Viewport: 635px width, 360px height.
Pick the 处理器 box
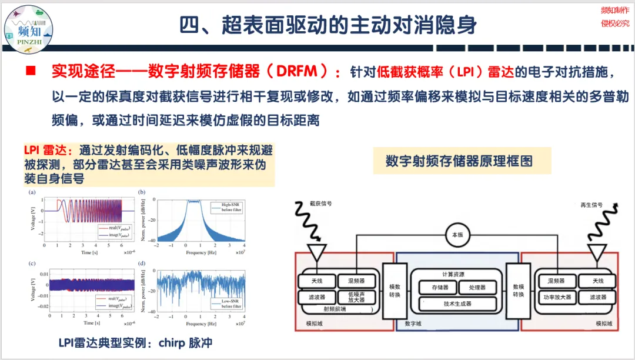pos(478,288)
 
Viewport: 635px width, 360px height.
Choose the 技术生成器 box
pos(457,304)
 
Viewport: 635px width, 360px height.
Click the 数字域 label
pos(413,324)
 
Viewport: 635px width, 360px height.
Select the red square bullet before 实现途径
pos(31,72)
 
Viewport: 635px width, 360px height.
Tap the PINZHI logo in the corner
pos(29,26)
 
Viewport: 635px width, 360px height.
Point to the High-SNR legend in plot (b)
pos(228,206)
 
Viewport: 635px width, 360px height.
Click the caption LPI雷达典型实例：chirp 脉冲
pos(135,343)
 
